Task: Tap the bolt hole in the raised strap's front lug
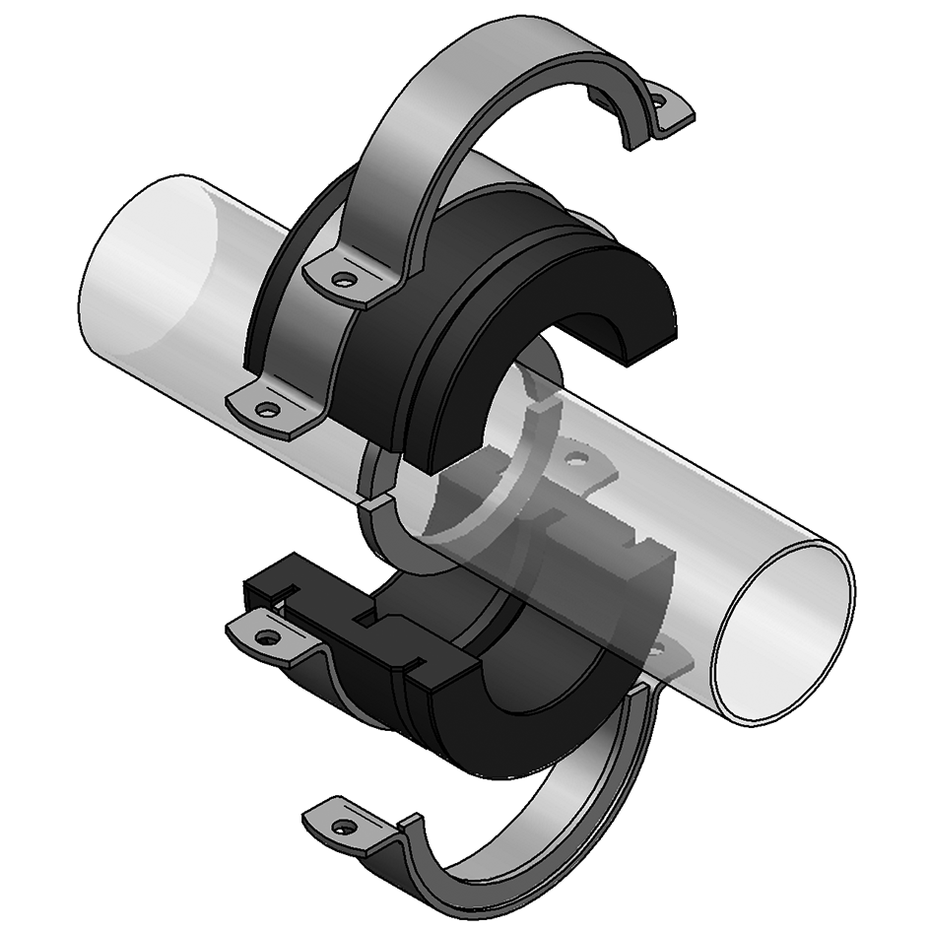pos(342,280)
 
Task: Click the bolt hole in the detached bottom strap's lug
pos(342,825)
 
